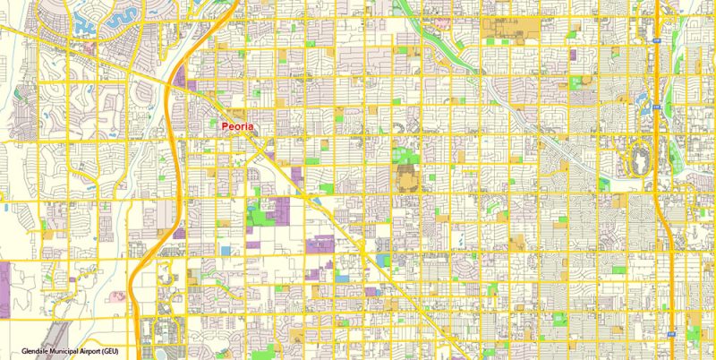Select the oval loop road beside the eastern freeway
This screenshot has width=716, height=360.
(x=642, y=159)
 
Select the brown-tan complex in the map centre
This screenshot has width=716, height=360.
(x=405, y=170)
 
